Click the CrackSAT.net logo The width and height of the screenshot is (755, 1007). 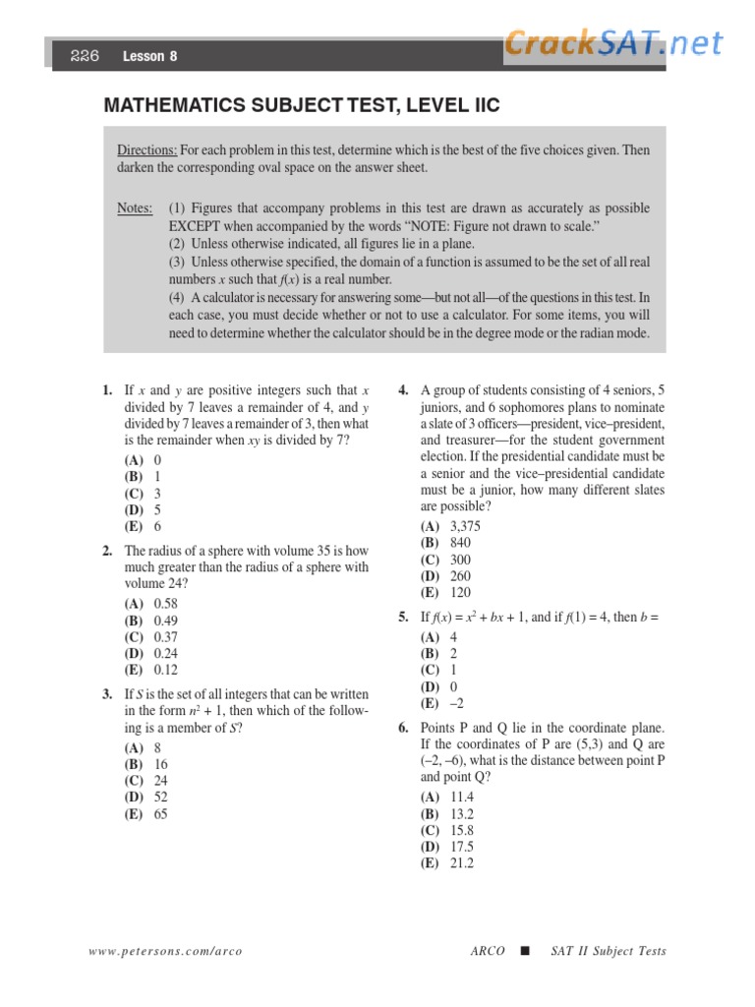coord(614,43)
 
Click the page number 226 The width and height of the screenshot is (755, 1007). coord(85,56)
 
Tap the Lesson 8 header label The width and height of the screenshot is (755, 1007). coord(149,57)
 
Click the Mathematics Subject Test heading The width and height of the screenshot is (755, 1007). coord(302,105)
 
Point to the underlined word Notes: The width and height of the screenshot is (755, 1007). coord(135,208)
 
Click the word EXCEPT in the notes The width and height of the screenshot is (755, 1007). coord(200,226)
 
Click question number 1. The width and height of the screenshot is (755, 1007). coord(108,390)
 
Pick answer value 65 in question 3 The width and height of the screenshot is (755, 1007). coord(161,814)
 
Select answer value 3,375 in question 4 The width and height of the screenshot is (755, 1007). coord(466,526)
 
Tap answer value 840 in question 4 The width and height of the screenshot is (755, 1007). coord(460,543)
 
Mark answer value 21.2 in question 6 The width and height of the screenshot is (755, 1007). coord(462,862)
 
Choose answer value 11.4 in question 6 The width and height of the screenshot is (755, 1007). coord(462,796)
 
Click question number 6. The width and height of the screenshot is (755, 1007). coord(403,728)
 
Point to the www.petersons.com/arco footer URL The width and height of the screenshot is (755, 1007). coord(165,951)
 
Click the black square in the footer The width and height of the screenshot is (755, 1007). coord(524,951)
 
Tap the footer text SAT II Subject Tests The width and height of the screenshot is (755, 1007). coord(608,951)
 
